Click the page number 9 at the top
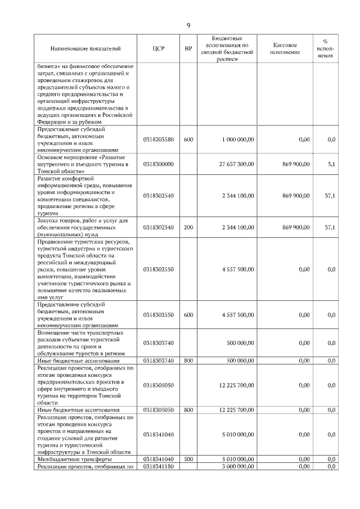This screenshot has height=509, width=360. coord(188,25)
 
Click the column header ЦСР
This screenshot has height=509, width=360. coord(158,48)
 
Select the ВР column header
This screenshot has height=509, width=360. coord(188,48)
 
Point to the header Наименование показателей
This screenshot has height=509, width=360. coord(85,48)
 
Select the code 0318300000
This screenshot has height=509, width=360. coord(158,164)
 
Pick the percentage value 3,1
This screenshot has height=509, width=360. coord(331,164)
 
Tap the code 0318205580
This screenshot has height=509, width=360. coord(158,139)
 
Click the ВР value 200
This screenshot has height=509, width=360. coord(188,227)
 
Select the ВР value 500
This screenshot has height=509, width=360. coord(188,459)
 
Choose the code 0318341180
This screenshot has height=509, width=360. coord(158,466)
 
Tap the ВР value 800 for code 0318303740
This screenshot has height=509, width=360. coord(188,360)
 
